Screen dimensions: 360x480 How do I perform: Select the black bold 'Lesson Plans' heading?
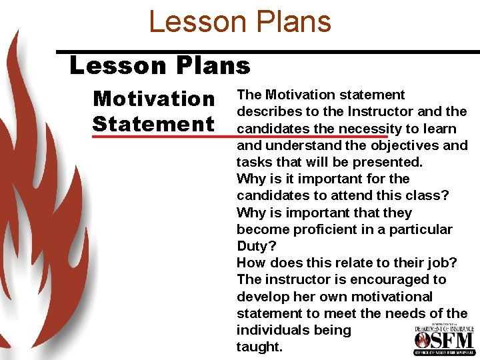point(160,66)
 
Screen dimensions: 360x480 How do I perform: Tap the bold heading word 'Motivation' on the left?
point(154,99)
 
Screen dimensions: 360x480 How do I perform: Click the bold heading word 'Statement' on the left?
point(153,124)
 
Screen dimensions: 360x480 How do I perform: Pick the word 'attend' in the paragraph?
point(348,195)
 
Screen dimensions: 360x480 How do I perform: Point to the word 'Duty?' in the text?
point(256,246)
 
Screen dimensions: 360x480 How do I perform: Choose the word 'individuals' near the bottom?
point(273,330)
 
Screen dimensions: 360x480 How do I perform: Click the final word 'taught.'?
point(259,347)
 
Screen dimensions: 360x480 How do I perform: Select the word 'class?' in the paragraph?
point(427,195)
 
